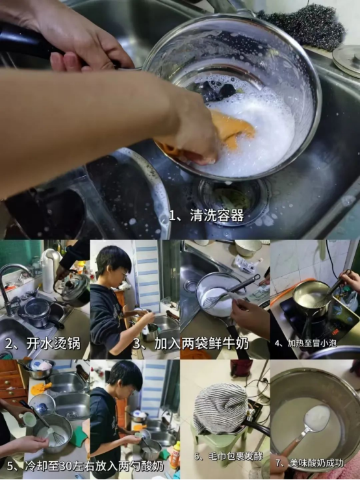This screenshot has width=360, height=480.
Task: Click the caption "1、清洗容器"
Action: tap(206, 216)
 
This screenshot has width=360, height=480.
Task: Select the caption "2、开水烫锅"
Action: tap(43, 344)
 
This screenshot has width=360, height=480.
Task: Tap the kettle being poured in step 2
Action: tap(73, 288)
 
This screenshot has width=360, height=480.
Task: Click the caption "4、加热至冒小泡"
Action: tap(305, 343)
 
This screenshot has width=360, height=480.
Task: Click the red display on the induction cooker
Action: tap(335, 331)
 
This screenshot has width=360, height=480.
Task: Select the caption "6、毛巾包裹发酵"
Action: tap(228, 456)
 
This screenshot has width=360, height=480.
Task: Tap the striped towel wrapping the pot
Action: tap(220, 407)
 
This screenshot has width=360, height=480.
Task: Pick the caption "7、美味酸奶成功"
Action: tap(309, 462)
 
